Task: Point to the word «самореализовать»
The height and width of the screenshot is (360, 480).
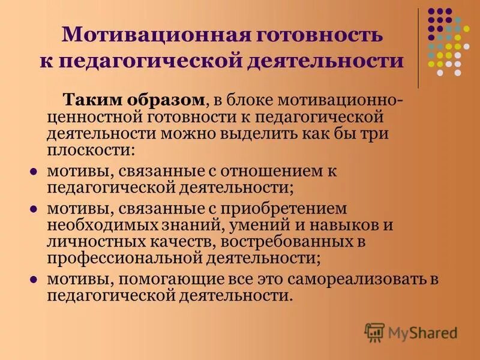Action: (x=355, y=280)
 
